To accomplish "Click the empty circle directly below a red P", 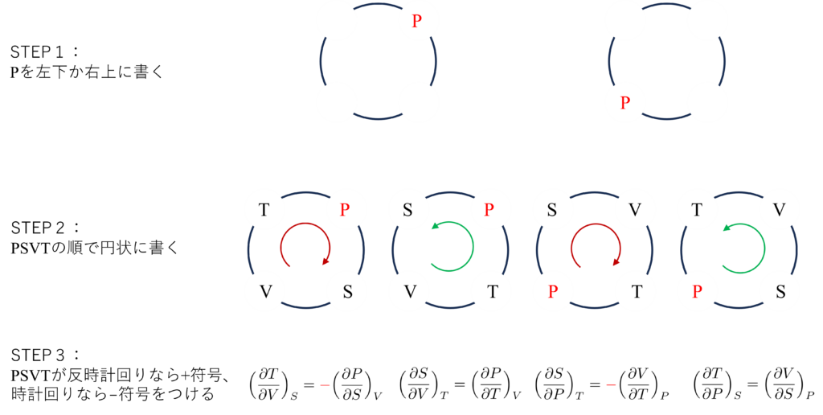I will coord(419,103).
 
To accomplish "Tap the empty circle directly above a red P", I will coord(625,20).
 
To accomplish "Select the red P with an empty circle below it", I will coord(416,21).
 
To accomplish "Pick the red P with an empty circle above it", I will coord(625,102).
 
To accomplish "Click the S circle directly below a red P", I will coord(347,290).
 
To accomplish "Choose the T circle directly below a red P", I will coord(493,290).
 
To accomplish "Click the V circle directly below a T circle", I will coord(264,290).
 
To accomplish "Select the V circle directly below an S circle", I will coord(410,290).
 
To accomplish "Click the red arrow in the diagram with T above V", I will coord(305,245).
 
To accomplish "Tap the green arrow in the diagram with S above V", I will coord(451,245).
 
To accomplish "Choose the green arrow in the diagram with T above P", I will coord(740,245).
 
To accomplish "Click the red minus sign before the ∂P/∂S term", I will coord(324,384).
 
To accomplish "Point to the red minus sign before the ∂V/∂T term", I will coord(612,384).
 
